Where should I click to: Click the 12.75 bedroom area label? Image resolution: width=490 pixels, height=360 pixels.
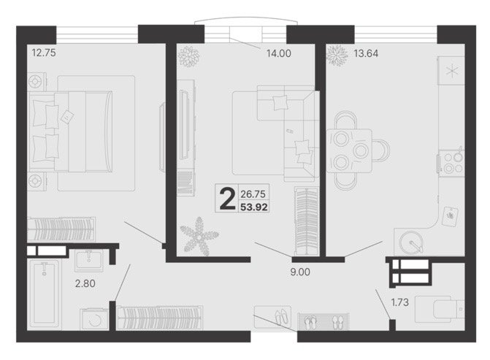click(x=44, y=53)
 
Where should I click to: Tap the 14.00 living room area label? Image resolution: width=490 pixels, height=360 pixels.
click(x=278, y=53)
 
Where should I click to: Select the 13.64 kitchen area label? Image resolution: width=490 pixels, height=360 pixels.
click(x=366, y=53)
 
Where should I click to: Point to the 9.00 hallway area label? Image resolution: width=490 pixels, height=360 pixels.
click(x=300, y=272)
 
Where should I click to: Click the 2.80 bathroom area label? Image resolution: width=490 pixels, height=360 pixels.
click(x=85, y=283)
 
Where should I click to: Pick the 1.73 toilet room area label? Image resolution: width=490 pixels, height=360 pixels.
click(x=400, y=302)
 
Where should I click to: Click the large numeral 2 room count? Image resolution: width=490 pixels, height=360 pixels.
click(x=227, y=199)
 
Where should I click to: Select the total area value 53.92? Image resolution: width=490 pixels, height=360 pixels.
click(x=253, y=207)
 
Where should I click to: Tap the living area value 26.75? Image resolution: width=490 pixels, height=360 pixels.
click(x=253, y=194)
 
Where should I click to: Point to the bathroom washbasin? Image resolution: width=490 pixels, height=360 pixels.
click(x=88, y=261)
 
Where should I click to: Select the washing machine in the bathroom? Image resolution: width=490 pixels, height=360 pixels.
click(x=94, y=319)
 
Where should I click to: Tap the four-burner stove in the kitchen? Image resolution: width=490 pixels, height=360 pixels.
click(x=451, y=163)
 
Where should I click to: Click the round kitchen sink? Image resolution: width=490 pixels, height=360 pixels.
click(x=412, y=242)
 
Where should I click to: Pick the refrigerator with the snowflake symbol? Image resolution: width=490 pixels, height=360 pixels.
click(x=451, y=71)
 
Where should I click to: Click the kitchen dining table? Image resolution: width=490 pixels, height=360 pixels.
click(x=349, y=151)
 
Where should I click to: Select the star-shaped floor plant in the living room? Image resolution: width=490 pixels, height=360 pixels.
click(x=199, y=237)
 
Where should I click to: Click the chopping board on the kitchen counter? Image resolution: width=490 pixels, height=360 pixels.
click(x=451, y=216)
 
